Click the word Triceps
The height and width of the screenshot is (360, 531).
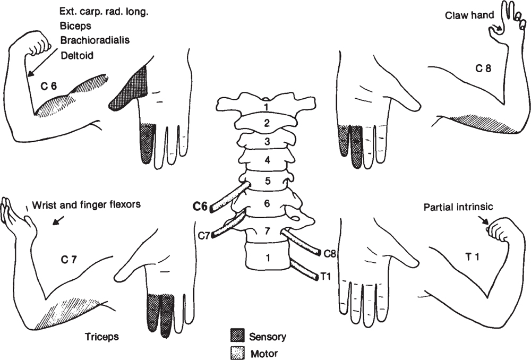[x=101, y=336]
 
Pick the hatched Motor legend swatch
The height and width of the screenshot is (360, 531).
[x=237, y=352]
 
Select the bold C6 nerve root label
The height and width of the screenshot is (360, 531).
[x=200, y=206]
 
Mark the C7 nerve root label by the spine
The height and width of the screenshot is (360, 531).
[x=203, y=234]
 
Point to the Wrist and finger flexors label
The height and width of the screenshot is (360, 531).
[x=86, y=205]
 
